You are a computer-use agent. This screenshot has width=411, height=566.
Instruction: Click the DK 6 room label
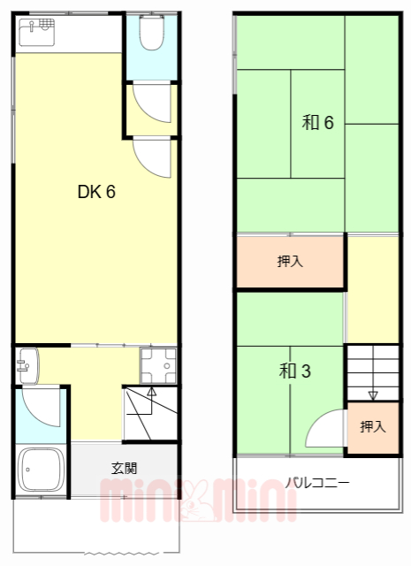[x=97, y=192]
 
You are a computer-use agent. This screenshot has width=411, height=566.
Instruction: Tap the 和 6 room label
[x=317, y=123]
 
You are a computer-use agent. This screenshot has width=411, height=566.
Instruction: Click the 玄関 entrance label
[x=124, y=466]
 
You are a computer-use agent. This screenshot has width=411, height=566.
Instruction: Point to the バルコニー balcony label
[x=317, y=483]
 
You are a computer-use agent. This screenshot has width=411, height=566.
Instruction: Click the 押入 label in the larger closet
[x=288, y=262]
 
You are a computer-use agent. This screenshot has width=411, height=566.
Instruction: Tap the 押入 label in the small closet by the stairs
[x=372, y=427]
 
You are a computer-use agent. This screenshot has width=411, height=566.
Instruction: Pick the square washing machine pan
[x=159, y=364]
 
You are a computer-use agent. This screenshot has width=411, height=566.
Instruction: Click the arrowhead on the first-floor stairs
[x=151, y=389]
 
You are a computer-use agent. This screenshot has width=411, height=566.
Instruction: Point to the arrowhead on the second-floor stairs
[x=372, y=395]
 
